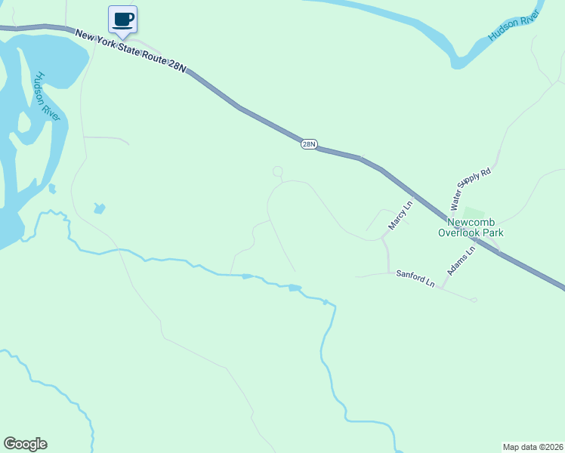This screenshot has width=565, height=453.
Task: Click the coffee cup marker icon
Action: tap(122, 20)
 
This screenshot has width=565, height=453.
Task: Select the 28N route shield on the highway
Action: tap(308, 143)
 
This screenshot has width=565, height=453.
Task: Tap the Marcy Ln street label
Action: tap(401, 215)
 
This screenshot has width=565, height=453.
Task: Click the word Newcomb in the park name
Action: tap(471, 223)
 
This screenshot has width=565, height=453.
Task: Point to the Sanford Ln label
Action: tap(415, 278)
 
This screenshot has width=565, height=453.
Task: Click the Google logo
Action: tap(25, 444)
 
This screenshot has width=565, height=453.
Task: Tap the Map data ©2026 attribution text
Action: tap(533, 446)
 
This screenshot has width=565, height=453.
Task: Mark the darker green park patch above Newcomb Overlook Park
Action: tap(473, 212)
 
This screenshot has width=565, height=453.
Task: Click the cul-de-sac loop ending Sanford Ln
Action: tap(474, 300)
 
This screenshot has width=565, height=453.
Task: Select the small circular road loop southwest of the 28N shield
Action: tap(277, 171)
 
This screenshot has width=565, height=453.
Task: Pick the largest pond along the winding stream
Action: tap(295, 288)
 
